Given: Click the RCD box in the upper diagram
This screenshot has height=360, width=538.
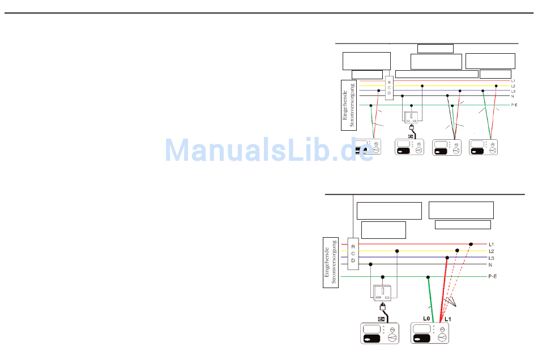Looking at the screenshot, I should (x=389, y=88).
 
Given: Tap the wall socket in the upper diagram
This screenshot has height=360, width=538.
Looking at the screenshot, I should (x=412, y=118).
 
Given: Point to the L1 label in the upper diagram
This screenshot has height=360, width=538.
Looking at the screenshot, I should (x=513, y=81).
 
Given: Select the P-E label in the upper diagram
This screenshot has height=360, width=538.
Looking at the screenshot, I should (x=514, y=105).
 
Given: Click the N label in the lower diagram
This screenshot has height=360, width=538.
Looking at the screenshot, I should (x=490, y=264).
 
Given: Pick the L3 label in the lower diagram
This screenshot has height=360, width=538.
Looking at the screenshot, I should (x=491, y=258).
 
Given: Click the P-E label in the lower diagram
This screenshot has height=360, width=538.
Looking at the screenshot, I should (x=493, y=277).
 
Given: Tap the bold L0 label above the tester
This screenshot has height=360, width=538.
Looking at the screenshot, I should (x=426, y=319).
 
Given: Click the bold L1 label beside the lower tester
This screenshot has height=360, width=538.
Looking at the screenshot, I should (x=447, y=319).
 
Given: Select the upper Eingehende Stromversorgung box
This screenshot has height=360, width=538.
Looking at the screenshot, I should (x=349, y=102).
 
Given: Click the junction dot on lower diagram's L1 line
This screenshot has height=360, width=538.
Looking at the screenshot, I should (x=471, y=244).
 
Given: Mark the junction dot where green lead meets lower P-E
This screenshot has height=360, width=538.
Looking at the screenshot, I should (x=428, y=277).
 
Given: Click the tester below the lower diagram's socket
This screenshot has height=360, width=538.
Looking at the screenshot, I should (x=380, y=333).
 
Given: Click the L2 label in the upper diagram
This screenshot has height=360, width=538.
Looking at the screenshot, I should (x=513, y=86).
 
